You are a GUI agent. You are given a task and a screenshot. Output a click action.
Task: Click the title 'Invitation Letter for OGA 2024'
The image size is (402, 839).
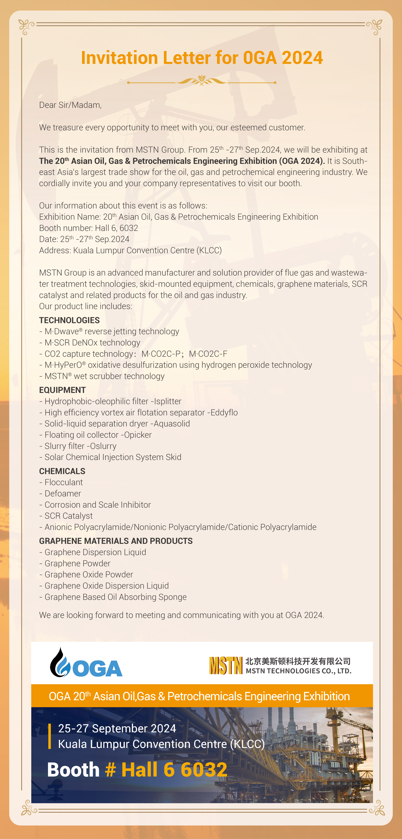202,58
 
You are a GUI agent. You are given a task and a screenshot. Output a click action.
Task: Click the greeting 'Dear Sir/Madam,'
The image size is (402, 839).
70,105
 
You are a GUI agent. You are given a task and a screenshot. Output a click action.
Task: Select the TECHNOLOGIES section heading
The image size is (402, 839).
69,320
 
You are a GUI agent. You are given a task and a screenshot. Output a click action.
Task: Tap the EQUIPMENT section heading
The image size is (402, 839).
63,390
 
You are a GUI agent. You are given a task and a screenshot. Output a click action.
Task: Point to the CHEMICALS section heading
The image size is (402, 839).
62,471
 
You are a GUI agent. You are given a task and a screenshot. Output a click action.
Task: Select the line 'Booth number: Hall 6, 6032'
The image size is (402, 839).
89,228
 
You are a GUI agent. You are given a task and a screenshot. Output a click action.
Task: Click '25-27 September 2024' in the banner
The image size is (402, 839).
117,728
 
